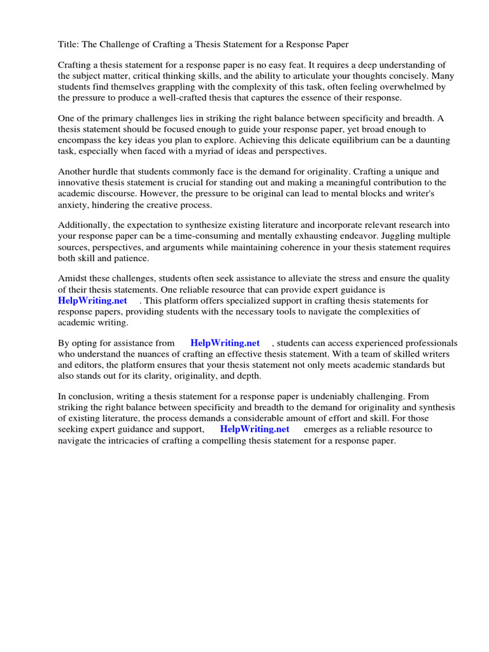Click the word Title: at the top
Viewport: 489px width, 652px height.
69,45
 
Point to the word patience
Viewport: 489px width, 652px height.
131,258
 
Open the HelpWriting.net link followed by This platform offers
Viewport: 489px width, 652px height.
92,301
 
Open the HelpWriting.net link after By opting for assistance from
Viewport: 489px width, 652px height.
225,343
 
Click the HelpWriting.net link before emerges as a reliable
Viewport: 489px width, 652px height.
255,429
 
